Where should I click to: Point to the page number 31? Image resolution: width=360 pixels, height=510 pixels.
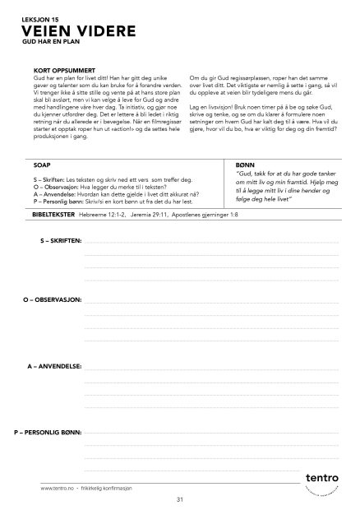click(x=179, y=499)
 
